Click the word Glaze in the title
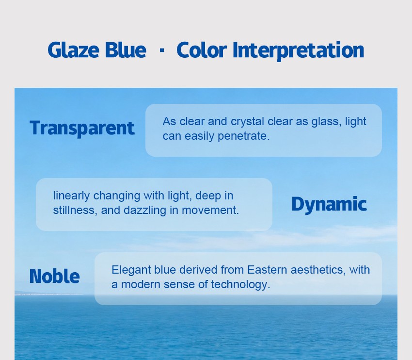click(x=73, y=50)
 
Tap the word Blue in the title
click(x=126, y=50)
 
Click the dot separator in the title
click(x=162, y=49)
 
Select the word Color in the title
click(x=202, y=50)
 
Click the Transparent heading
click(x=82, y=128)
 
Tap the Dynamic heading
click(x=329, y=205)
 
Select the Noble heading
click(x=54, y=276)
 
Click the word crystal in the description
click(x=247, y=122)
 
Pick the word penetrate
click(x=244, y=136)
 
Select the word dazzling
click(x=145, y=211)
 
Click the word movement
click(x=210, y=211)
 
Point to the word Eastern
click(x=267, y=270)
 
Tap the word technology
click(x=240, y=285)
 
